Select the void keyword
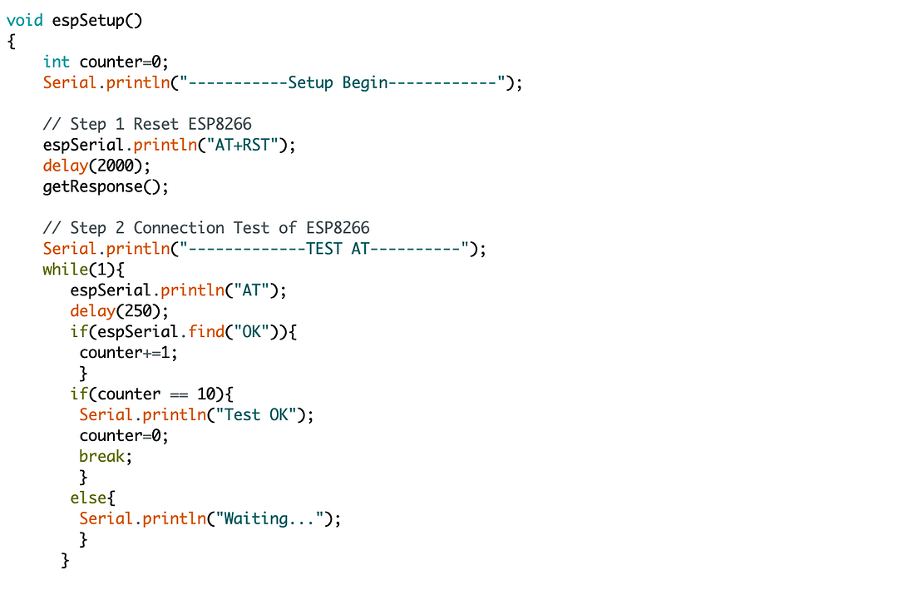(x=24, y=21)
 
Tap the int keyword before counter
(x=57, y=62)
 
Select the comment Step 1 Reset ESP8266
(x=147, y=124)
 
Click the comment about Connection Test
(x=206, y=228)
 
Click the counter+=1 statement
(x=128, y=353)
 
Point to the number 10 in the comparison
(x=206, y=394)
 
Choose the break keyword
(x=103, y=456)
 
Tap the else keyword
(x=88, y=498)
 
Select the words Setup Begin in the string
(x=338, y=83)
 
